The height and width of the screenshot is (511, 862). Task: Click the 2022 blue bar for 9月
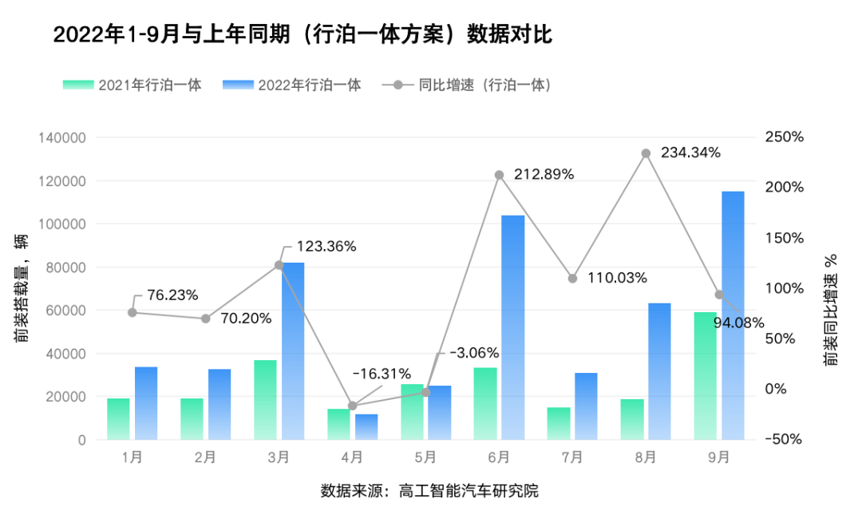click(x=733, y=315)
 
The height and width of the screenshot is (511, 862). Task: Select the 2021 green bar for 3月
click(x=266, y=399)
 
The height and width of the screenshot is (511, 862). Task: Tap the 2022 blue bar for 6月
click(x=512, y=327)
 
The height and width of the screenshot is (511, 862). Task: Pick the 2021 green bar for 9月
click(x=706, y=375)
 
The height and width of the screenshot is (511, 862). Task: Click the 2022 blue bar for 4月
click(x=366, y=426)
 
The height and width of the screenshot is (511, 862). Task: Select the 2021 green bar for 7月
click(x=559, y=423)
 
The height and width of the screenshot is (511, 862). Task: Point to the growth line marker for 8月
click(x=646, y=153)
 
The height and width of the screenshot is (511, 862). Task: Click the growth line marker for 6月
click(x=499, y=175)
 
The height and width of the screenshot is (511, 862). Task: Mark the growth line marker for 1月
click(x=132, y=312)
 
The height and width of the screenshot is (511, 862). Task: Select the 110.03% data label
click(x=617, y=278)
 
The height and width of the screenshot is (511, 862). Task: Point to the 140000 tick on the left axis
click(x=61, y=138)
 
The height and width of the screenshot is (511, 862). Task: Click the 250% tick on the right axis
click(x=784, y=137)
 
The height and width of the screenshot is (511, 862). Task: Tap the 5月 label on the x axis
click(x=425, y=458)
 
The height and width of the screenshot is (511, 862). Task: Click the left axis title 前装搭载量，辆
click(x=22, y=287)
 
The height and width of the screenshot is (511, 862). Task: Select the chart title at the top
click(x=302, y=36)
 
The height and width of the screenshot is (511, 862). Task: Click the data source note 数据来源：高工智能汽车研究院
click(x=429, y=490)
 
